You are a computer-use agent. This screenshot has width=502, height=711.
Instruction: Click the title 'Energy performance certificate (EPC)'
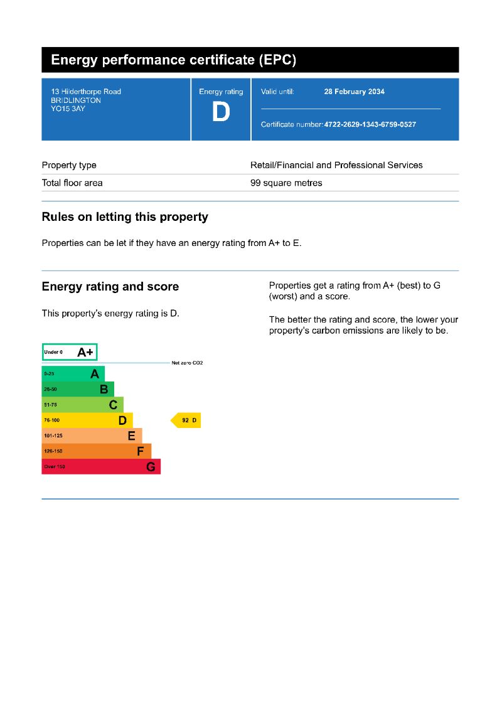173,60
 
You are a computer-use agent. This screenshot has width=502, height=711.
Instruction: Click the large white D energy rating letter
221,113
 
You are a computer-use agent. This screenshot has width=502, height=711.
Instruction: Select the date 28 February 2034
354,92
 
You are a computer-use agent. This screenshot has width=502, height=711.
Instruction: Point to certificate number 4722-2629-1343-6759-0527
370,124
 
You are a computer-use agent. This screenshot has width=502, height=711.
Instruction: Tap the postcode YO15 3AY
68,109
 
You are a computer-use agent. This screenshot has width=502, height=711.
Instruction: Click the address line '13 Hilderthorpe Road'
86,92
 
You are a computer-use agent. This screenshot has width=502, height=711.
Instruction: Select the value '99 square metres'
286,183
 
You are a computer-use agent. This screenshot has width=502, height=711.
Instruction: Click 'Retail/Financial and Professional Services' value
336,165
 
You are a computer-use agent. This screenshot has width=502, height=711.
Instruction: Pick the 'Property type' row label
69,165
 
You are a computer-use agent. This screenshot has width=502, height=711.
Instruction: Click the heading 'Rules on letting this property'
125,217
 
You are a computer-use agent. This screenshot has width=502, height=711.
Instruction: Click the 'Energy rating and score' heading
110,287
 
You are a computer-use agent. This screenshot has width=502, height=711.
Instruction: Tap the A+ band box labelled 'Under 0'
70,352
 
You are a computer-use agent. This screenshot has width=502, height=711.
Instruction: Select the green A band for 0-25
73,374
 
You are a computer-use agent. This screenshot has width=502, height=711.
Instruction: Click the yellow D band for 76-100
87,420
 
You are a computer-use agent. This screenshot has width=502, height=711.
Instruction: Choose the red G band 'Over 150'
100,467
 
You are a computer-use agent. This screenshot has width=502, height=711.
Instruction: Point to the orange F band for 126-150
96,451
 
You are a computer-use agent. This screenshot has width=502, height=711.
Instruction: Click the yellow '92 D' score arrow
186,420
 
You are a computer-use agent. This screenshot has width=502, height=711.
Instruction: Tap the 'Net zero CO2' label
187,363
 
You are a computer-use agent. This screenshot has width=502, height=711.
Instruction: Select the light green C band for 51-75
82,405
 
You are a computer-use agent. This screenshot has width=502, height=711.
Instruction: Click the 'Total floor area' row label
72,183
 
